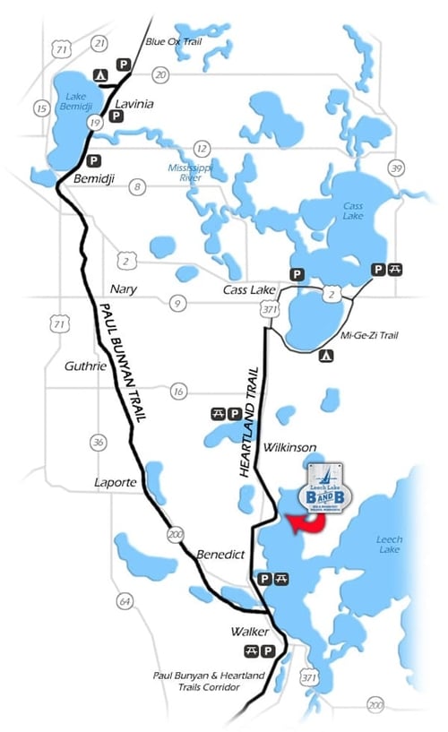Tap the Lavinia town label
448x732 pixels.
click(x=134, y=104)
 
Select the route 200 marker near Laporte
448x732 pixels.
click(x=173, y=535)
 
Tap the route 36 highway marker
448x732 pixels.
click(x=98, y=442)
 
